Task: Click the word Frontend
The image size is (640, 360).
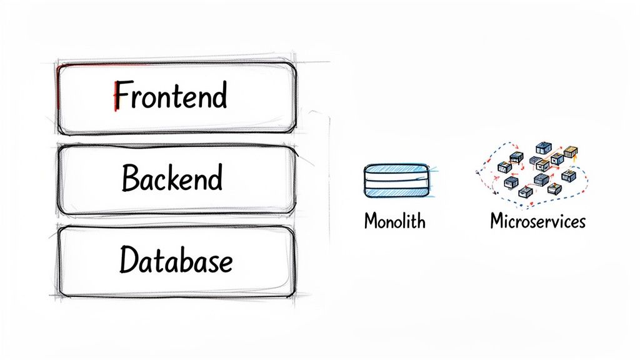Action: (171, 97)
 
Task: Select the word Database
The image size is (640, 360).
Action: (176, 260)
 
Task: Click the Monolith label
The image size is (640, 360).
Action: (394, 221)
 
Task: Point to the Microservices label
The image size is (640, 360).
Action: (537, 221)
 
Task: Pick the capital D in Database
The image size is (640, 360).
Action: (127, 260)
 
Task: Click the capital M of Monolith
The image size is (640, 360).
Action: (370, 221)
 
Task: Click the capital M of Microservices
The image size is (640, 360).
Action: (496, 221)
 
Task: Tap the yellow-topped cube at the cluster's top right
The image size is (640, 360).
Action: (571, 152)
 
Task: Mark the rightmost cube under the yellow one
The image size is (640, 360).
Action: (568, 176)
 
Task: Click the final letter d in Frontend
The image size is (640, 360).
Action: (218, 97)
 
